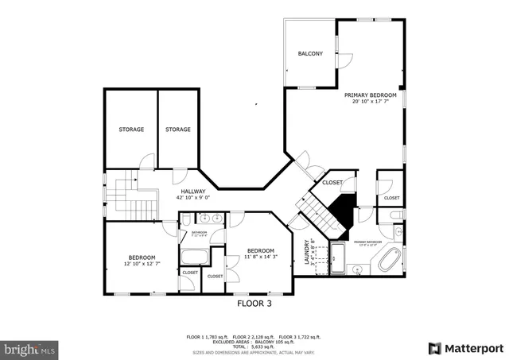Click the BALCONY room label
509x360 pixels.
(310, 54)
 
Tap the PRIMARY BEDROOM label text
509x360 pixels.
(370, 95)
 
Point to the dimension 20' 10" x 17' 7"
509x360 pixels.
(370, 102)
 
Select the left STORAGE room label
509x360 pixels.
(131, 130)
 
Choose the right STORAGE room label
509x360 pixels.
(177, 130)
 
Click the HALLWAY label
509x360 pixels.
(192, 191)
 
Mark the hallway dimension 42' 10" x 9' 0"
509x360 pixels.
(192, 198)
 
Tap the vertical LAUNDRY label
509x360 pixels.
(306, 251)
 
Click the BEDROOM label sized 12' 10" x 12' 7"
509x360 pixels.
(142, 257)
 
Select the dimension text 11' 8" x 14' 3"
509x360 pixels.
(261, 257)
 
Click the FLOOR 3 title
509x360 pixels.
(254, 303)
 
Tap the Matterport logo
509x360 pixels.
(466, 348)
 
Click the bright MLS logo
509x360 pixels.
(30, 348)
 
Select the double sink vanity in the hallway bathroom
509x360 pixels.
(209, 218)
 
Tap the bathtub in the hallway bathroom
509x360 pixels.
(194, 257)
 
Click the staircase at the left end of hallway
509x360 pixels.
(123, 195)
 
